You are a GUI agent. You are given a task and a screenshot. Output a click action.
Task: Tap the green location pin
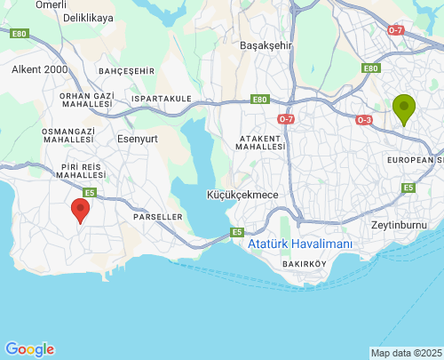(404, 109)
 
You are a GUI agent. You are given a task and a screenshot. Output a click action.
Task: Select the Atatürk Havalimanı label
(300, 244)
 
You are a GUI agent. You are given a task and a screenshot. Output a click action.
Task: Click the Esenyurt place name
(137, 138)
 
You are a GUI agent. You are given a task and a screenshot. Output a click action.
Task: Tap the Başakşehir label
(266, 44)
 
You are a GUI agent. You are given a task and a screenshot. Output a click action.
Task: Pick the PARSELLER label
(157, 216)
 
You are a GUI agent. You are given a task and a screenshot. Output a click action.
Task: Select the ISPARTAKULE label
(161, 99)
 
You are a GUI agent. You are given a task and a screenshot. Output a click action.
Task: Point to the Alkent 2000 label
(38, 68)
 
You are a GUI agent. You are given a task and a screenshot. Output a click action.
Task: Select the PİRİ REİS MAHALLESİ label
(82, 171)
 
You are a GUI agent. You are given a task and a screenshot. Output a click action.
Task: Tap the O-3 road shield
(364, 119)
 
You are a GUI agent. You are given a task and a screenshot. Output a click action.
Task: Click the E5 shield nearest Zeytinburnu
(408, 188)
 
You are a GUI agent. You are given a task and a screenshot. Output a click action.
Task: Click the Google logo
(29, 349)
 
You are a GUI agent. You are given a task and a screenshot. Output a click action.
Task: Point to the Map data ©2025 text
(406, 353)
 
